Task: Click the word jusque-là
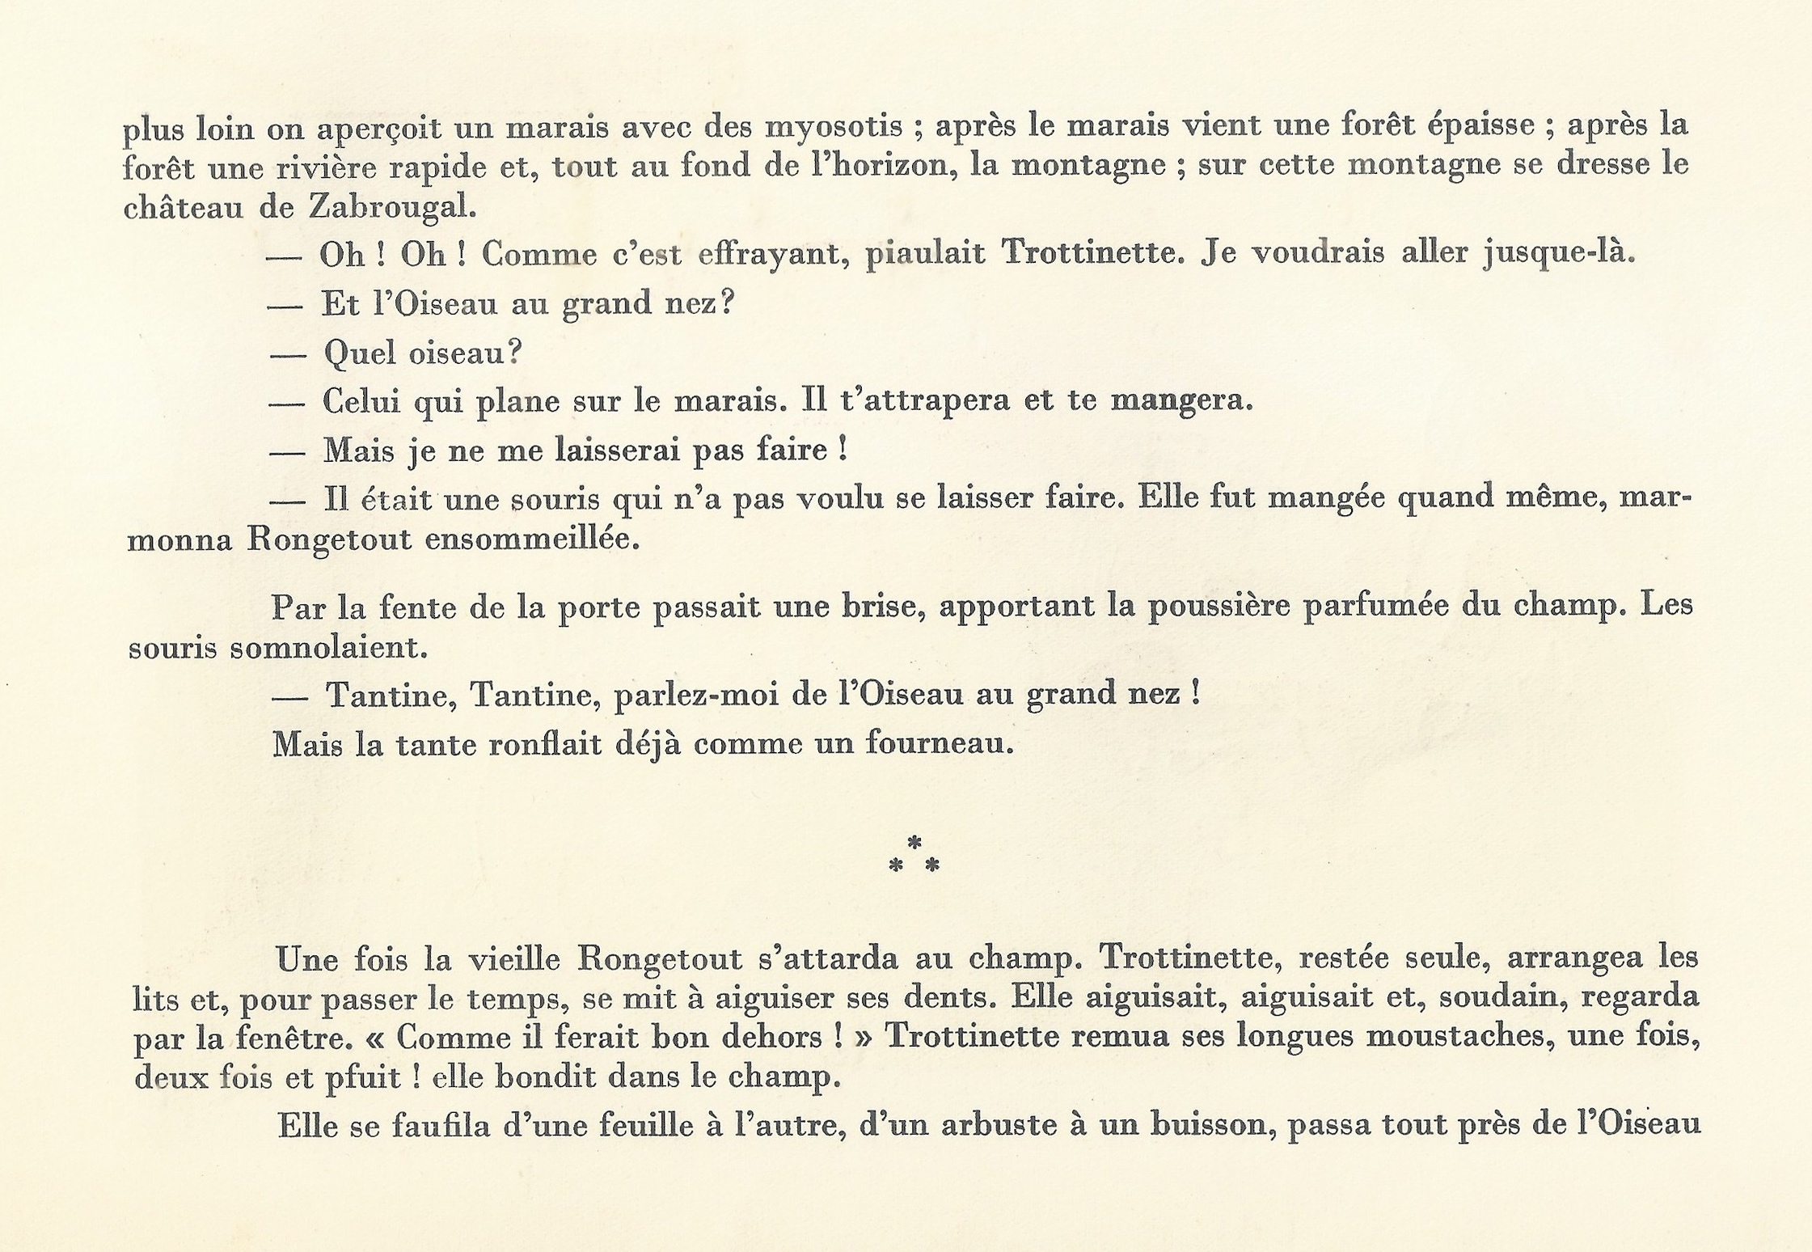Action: pyautogui.click(x=1560, y=253)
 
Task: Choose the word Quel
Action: pyautogui.click(x=359, y=353)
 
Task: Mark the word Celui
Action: pyautogui.click(x=361, y=401)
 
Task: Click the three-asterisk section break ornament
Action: pyautogui.click(x=914, y=856)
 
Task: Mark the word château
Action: pyautogui.click(x=183, y=208)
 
